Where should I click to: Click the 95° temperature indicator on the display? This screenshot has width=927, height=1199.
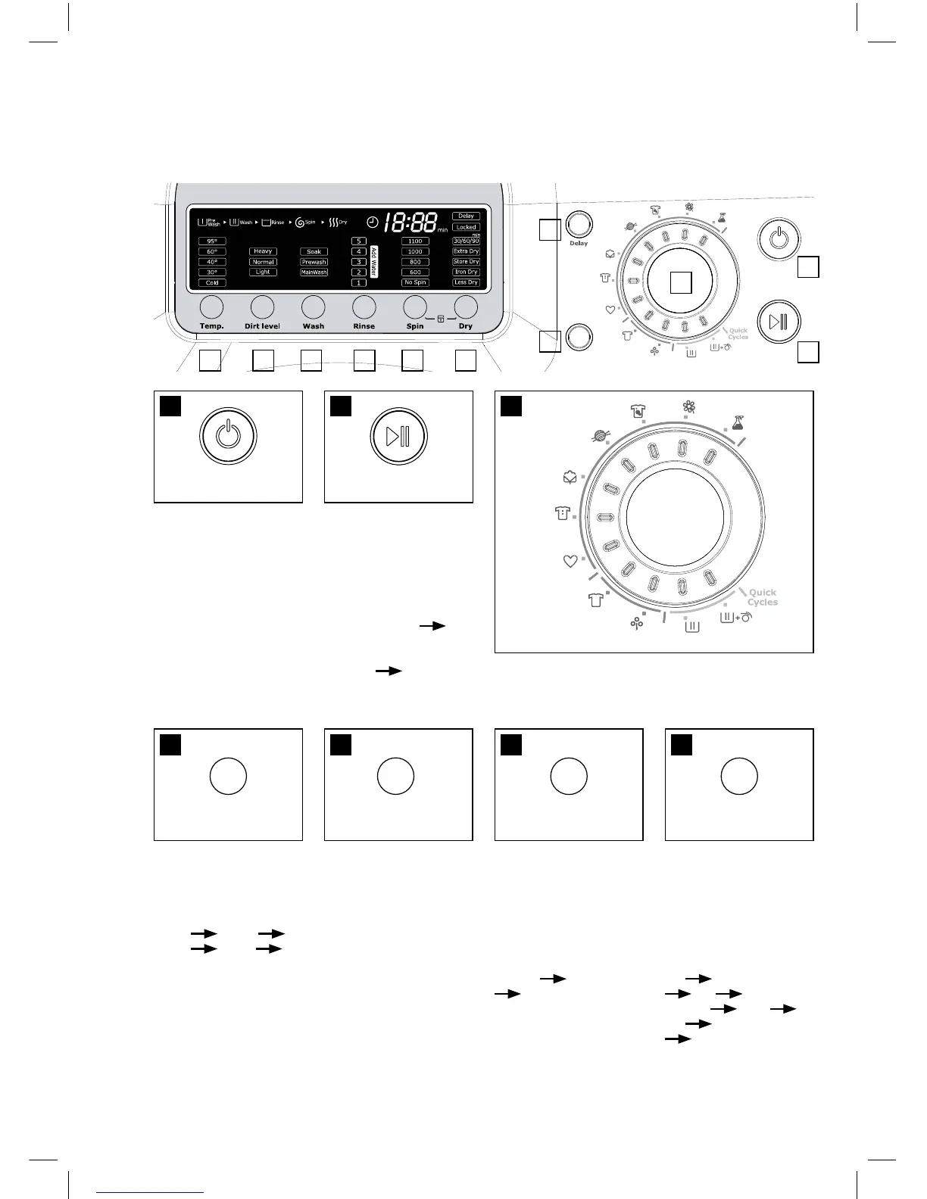pos(212,241)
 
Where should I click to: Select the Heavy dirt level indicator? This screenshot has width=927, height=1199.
pos(263,251)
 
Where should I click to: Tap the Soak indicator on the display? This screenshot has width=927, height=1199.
pos(314,251)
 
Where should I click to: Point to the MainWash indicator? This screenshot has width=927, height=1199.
pos(314,272)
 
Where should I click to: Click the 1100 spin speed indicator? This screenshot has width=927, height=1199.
pos(415,241)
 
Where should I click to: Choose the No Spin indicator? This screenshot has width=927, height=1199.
pos(415,282)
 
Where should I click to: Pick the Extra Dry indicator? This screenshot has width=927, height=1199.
pos(466,251)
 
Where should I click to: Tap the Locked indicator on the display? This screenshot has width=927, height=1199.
pos(466,227)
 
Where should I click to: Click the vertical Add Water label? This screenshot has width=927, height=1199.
pos(374,262)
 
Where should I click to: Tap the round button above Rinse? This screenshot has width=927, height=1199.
pos(364,307)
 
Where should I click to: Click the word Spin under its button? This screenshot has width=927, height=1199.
pos(415,326)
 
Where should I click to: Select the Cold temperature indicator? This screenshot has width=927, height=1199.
pos(212,282)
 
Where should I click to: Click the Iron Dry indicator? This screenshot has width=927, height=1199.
pos(466,272)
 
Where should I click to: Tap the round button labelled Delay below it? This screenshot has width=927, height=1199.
pos(579,224)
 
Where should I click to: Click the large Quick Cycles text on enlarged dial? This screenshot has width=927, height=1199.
pos(762,597)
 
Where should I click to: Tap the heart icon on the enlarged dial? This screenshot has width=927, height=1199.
pos(570,561)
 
